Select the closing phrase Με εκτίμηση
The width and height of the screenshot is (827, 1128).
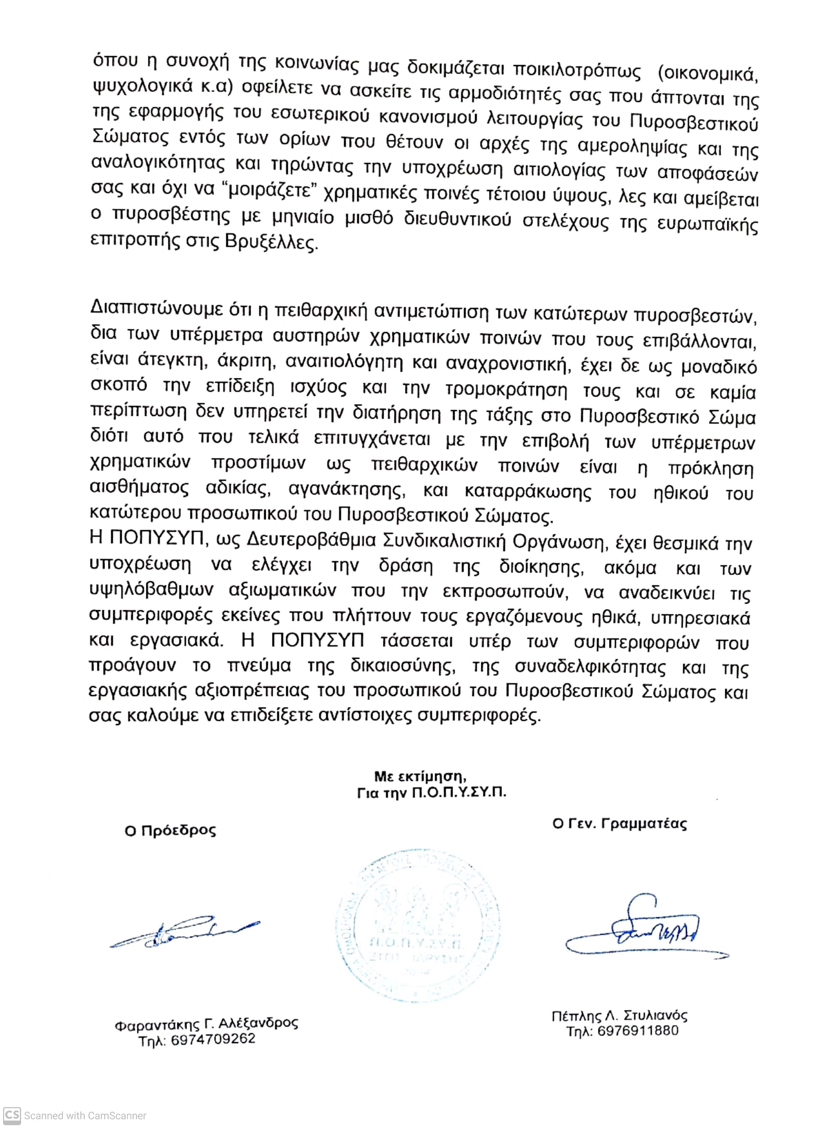(x=420, y=776)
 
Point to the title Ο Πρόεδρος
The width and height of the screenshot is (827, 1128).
(x=170, y=830)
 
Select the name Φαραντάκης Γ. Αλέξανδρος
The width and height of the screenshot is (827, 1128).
(x=206, y=1024)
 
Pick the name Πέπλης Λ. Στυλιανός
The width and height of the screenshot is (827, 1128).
(x=619, y=1016)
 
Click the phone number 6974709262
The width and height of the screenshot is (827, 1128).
(x=213, y=1039)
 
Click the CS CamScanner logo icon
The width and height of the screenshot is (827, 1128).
(x=12, y=1115)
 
